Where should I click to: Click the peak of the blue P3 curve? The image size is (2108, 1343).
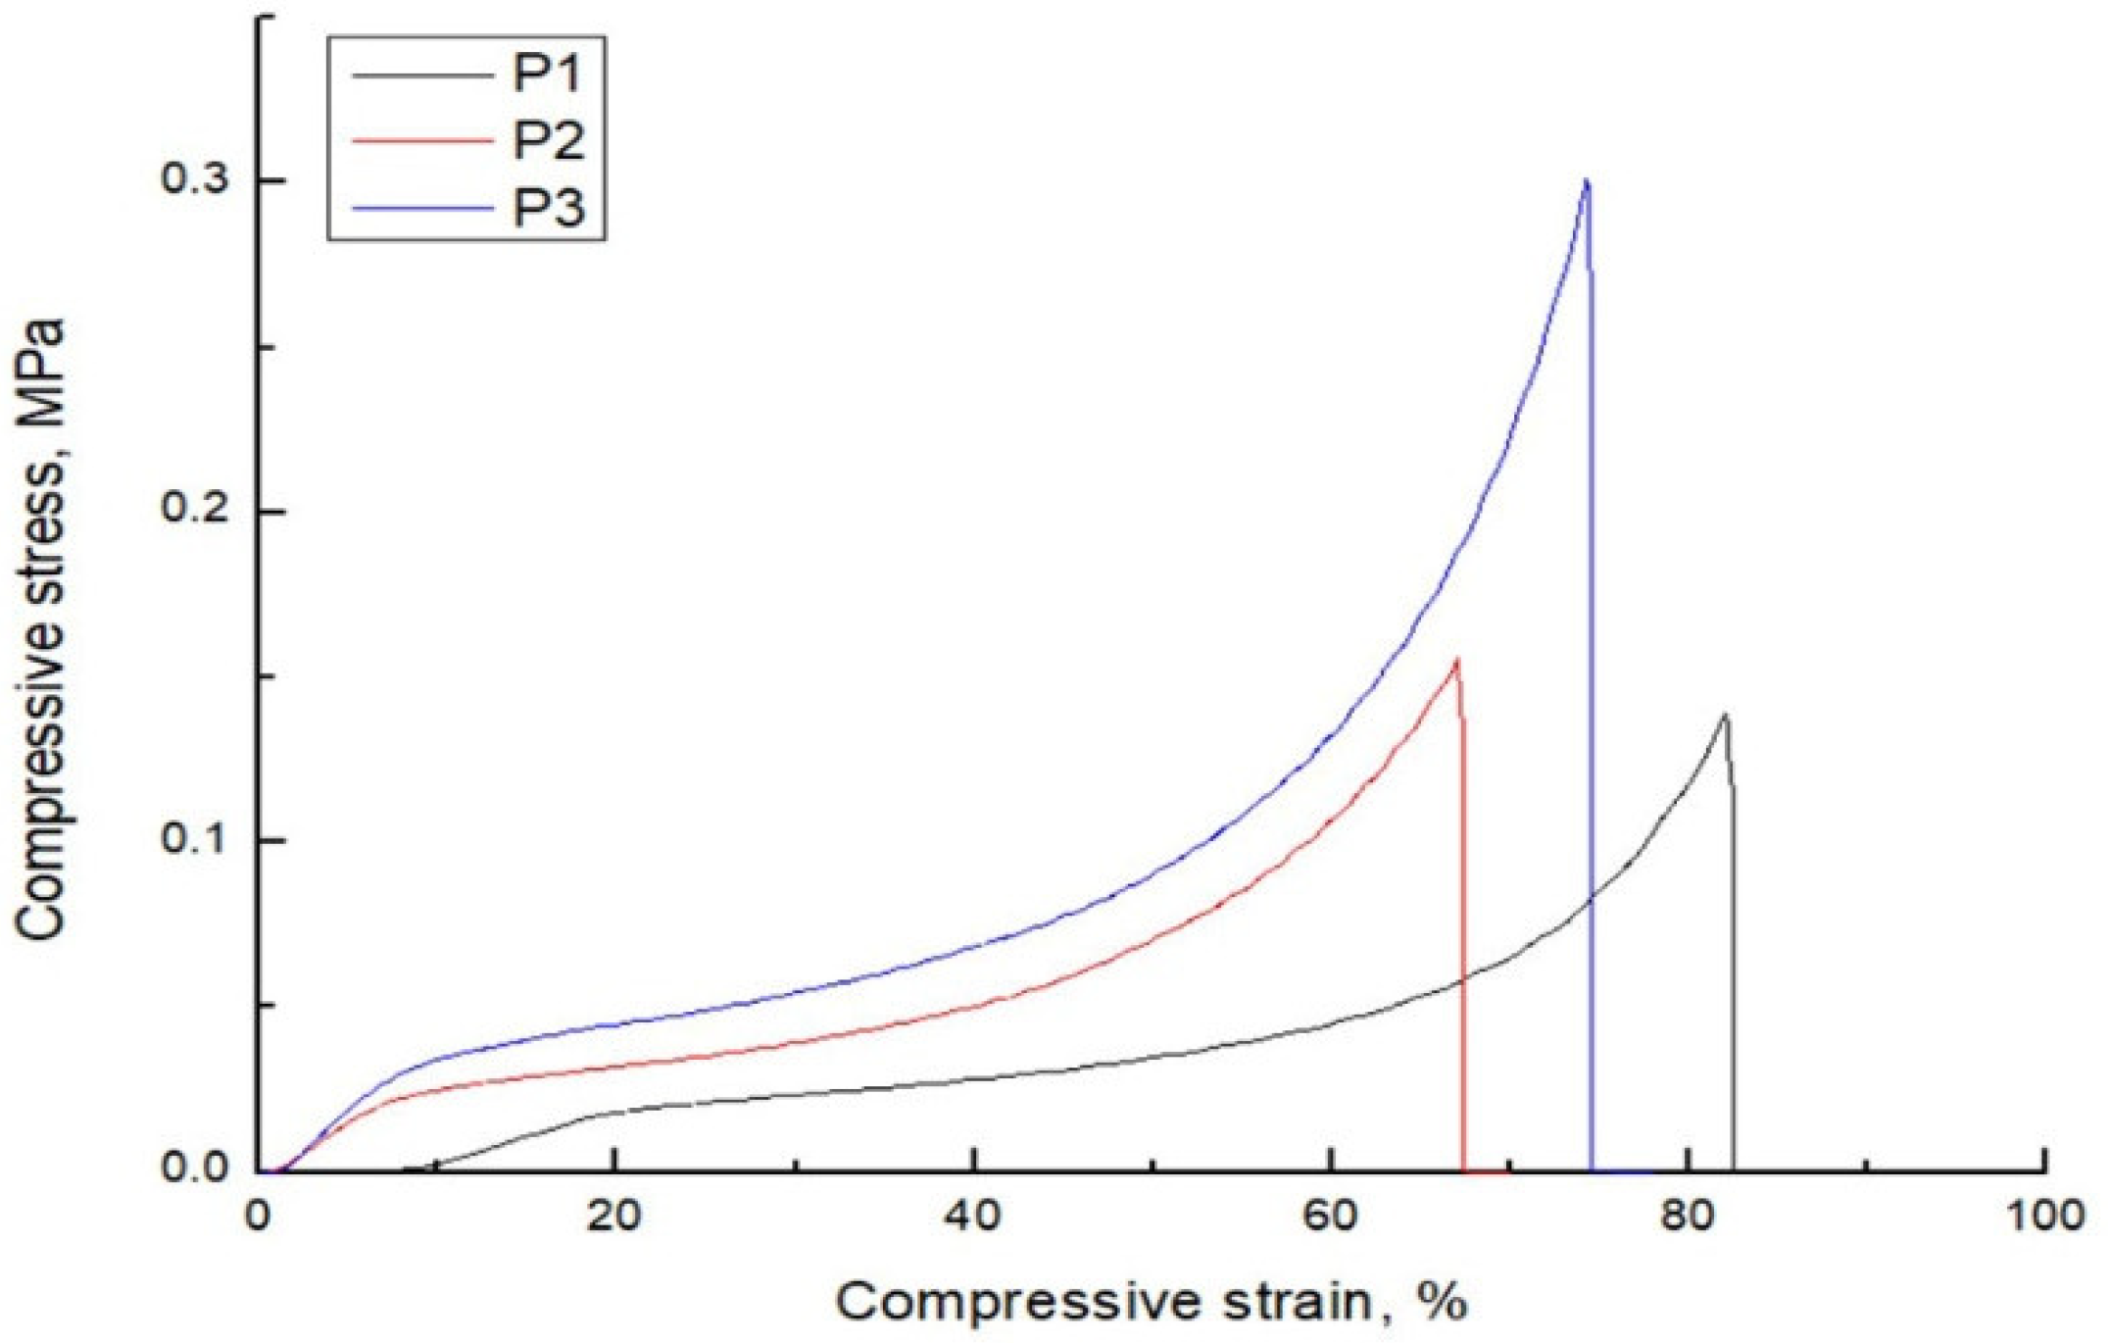coord(1586,182)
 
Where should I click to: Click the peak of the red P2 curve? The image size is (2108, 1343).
coord(1457,660)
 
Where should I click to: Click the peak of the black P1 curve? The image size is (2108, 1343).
coord(1724,716)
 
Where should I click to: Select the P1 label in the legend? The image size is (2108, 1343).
coord(547,73)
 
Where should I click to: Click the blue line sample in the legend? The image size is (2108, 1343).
coord(421,208)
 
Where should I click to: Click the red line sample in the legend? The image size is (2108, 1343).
coord(421,141)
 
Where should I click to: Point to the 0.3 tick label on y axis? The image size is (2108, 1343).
coord(196,181)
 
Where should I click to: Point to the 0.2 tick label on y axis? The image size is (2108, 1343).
coord(196,511)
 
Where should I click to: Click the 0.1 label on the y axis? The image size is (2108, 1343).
coord(196,840)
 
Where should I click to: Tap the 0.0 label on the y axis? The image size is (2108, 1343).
coord(196,1169)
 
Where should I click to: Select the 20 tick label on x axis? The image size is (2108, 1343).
coord(614,1217)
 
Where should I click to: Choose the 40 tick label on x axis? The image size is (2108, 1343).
coord(973,1217)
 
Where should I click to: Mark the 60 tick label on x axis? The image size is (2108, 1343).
coord(1331,1217)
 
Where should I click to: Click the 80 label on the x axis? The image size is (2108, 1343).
coord(1689,1217)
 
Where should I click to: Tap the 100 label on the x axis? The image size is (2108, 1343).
coord(2045,1217)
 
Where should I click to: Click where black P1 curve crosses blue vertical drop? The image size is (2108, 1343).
coord(1591,896)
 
